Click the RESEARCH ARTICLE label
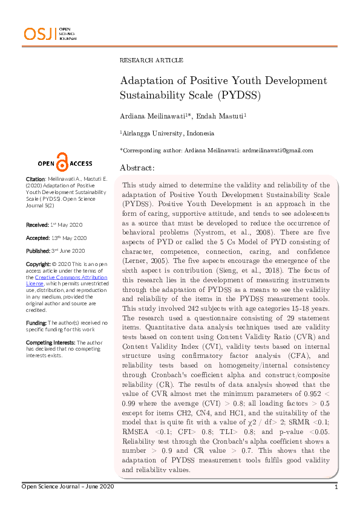coord(151,60)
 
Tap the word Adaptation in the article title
coord(149,81)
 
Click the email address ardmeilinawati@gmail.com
coord(277,151)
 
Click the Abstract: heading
coord(137,167)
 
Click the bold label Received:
coord(37,224)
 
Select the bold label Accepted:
coord(38,238)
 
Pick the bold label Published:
coord(38,251)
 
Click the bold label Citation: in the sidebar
coord(35,180)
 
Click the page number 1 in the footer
coord(336,487)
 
